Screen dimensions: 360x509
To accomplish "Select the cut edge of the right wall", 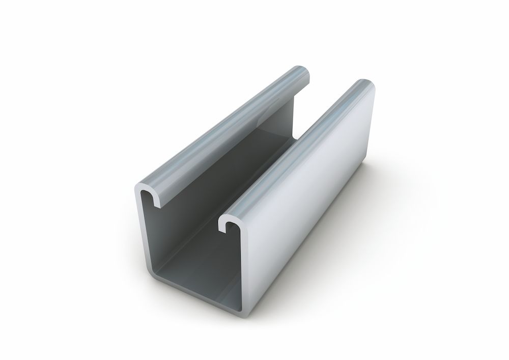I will click(249, 265).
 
